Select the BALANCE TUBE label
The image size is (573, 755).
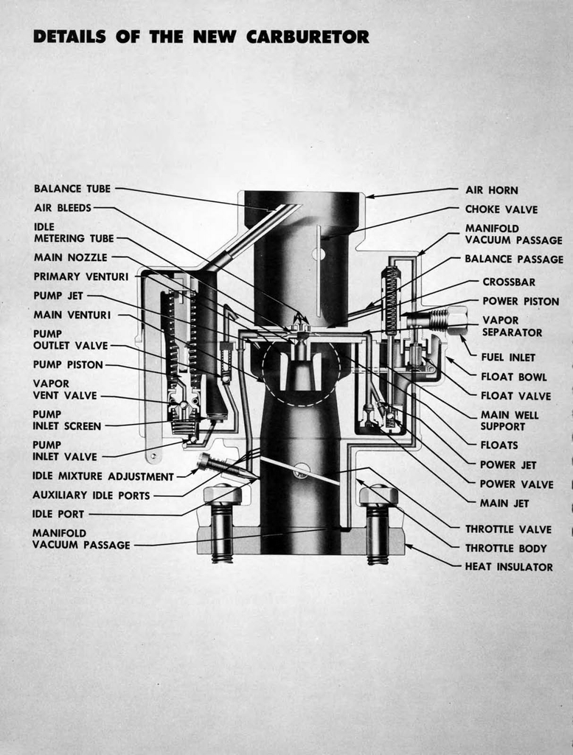pyautogui.click(x=72, y=189)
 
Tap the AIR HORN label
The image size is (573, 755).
pyautogui.click(x=491, y=190)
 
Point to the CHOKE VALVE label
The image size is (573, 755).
pyautogui.click(x=501, y=209)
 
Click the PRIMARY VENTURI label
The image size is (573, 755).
pyautogui.click(x=81, y=276)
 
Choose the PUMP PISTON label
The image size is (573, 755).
pyautogui.click(x=68, y=364)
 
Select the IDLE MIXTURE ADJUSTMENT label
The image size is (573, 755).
pyautogui.click(x=103, y=476)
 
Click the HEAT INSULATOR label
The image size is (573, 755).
pyautogui.click(x=508, y=567)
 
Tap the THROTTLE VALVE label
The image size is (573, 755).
pyautogui.click(x=508, y=529)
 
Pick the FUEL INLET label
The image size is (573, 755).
pyautogui.click(x=508, y=357)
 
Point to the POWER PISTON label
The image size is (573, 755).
pyautogui.click(x=521, y=301)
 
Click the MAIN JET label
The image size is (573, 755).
pyautogui.click(x=504, y=503)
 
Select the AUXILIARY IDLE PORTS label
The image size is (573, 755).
pyautogui.click(x=91, y=495)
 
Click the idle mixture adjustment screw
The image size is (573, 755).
pyautogui.click(x=221, y=466)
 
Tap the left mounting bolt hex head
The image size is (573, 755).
pyautogui.click(x=222, y=495)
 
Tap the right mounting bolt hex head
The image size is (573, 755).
pyautogui.click(x=378, y=495)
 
